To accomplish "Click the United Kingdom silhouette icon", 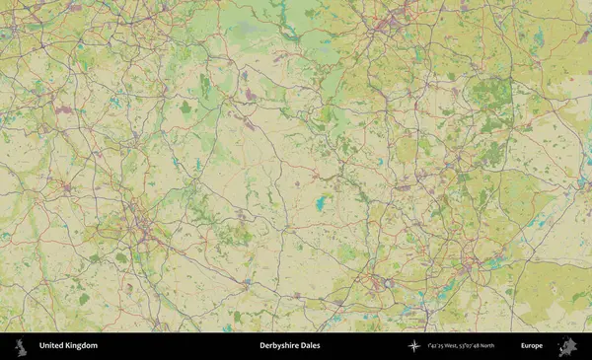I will click(x=20, y=346).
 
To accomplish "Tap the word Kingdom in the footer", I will click(x=82, y=346).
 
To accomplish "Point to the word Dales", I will click(x=310, y=346).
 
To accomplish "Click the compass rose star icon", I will click(x=413, y=346).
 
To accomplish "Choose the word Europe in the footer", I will click(x=532, y=346).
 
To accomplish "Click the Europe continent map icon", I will click(x=567, y=346).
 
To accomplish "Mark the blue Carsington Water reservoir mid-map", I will click(x=321, y=204).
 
